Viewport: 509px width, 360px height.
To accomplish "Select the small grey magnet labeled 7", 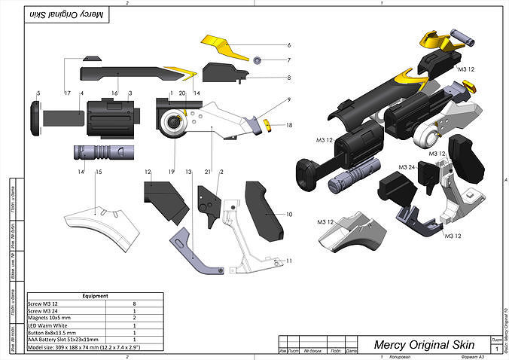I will (x=258, y=59).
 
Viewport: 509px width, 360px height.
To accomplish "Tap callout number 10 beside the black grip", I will (x=288, y=215).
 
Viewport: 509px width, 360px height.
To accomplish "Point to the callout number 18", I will (x=288, y=125).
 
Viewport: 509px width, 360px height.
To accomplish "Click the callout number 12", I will (x=148, y=172).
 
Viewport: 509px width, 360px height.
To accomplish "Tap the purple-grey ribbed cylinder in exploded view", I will (x=102, y=151).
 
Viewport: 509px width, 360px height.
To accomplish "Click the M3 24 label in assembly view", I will (x=408, y=166).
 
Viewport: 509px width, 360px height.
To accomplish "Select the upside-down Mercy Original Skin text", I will (x=66, y=14).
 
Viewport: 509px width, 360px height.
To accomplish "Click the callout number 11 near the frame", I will (x=288, y=260).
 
